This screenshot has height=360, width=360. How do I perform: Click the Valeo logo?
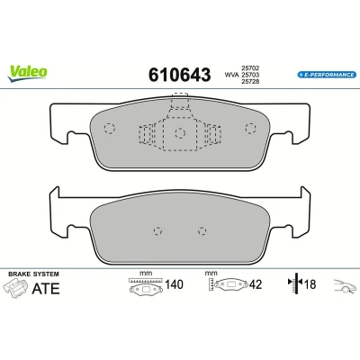point(28,74)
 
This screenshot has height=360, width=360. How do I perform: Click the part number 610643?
point(180,75)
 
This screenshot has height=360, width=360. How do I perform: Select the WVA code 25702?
point(250,68)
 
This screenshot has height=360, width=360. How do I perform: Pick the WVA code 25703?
point(250,75)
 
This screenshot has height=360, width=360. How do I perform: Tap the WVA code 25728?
point(250,81)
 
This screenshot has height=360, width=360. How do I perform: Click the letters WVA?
point(231,75)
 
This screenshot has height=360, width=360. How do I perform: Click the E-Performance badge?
point(327,75)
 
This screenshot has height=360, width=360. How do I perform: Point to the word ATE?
point(46,289)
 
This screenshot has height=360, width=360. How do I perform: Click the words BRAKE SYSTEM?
point(33,274)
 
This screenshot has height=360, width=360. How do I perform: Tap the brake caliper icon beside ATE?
point(16,289)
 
